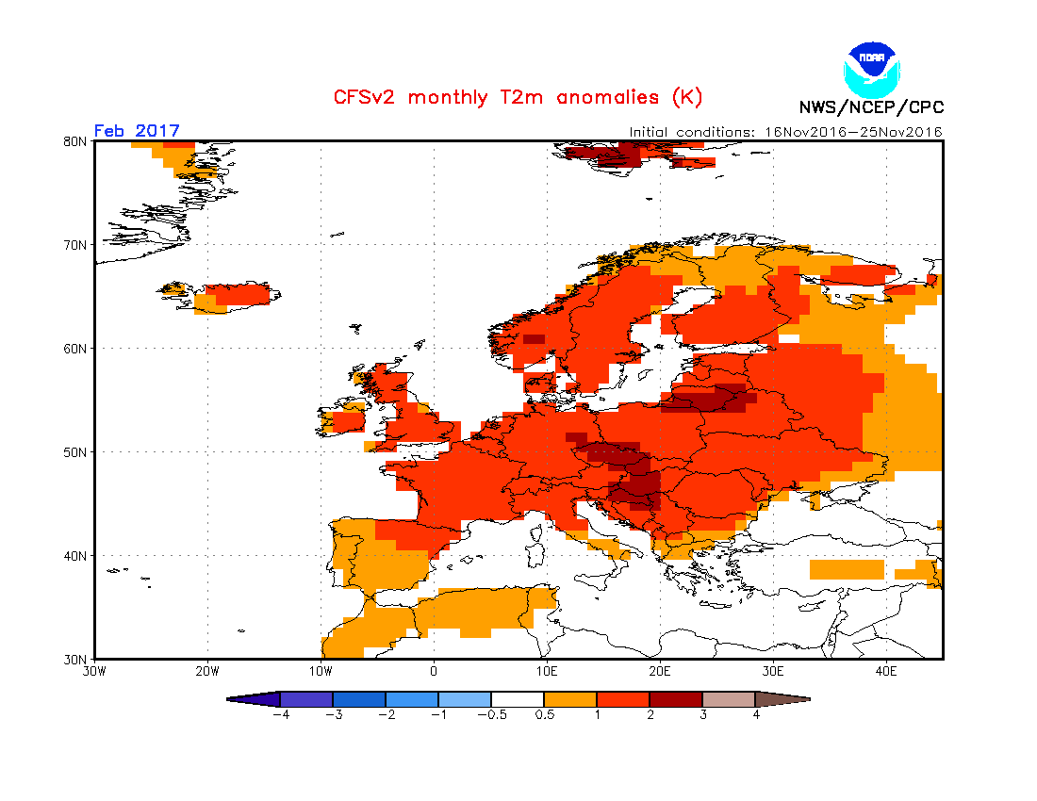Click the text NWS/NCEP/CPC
[x=870, y=107]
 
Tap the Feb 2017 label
[x=137, y=131]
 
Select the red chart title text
[x=518, y=97]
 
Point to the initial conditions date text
[x=786, y=132]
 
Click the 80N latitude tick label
[x=76, y=141]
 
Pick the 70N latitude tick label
[x=76, y=245]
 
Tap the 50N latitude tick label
[x=76, y=452]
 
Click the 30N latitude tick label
[x=76, y=659]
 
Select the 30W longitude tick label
[x=94, y=672]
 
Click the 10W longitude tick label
[x=321, y=672]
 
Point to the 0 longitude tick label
[x=434, y=672]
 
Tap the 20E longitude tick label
[x=660, y=672]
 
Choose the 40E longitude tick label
[x=886, y=672]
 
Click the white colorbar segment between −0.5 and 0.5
[x=518, y=699]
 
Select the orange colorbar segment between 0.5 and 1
[x=570, y=699]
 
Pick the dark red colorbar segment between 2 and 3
[x=676, y=699]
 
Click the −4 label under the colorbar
[x=280, y=714]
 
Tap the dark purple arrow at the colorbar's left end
[x=255, y=699]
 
